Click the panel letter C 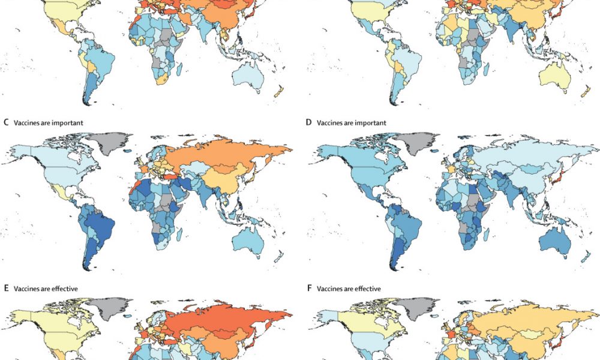click(x=6, y=123)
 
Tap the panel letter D click(x=309, y=123)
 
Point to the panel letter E click(x=6, y=289)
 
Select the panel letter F click(x=309, y=289)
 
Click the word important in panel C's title click(x=68, y=123)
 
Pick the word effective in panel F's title click(x=367, y=289)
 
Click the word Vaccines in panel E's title click(x=25, y=289)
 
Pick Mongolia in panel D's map click(x=530, y=169)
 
